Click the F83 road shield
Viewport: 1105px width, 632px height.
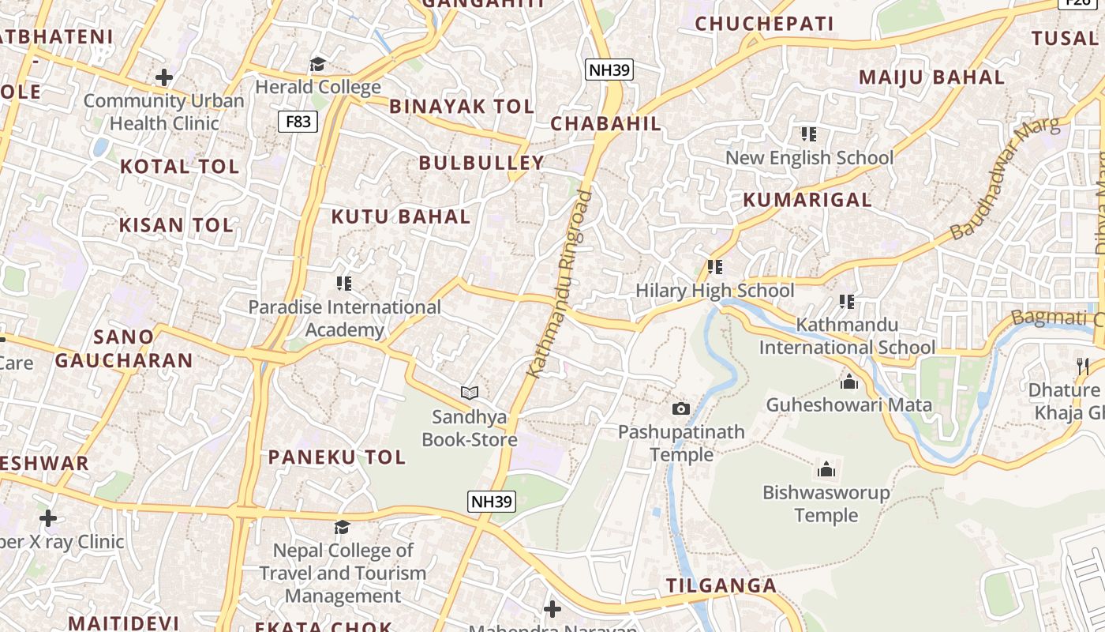(298, 122)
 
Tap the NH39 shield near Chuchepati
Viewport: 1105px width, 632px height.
(609, 70)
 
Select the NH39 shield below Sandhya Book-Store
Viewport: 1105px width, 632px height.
(492, 501)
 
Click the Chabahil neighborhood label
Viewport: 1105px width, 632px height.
(605, 124)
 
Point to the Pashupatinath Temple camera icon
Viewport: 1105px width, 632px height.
(680, 408)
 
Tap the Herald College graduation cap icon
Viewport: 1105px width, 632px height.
(317, 64)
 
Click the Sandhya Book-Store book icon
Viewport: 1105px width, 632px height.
(470, 393)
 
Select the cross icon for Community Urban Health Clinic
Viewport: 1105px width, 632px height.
(164, 77)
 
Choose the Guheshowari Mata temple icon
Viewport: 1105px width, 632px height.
(849, 382)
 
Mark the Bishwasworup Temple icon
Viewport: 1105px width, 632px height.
(826, 469)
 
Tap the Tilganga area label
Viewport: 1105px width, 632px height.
(721, 586)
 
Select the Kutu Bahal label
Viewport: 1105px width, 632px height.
(400, 216)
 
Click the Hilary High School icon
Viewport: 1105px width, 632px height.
(715, 267)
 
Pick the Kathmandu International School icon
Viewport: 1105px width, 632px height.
(847, 301)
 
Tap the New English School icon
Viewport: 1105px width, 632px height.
(809, 134)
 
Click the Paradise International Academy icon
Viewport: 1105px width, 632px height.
(344, 283)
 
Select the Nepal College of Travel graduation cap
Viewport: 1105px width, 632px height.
(342, 527)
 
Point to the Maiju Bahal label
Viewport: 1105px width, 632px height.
(931, 77)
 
